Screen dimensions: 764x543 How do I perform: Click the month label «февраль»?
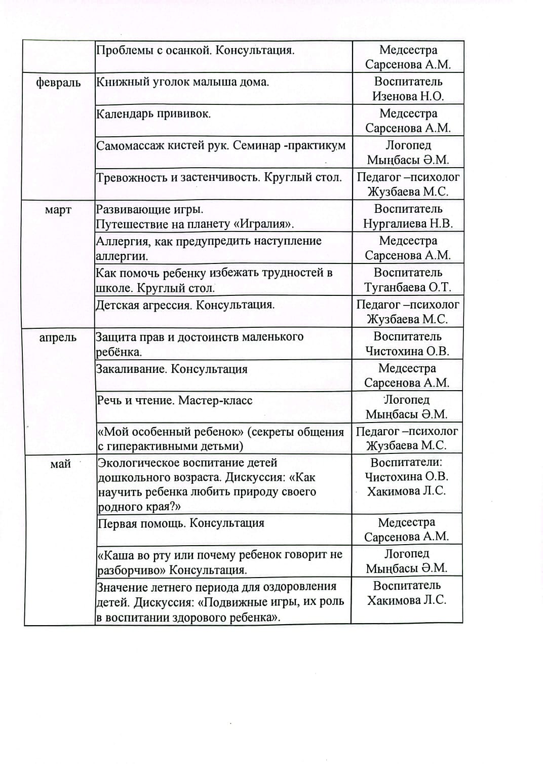pyautogui.click(x=58, y=83)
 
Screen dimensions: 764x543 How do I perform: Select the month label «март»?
pyautogui.click(x=58, y=210)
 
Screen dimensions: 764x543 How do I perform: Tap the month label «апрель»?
pyautogui.click(x=58, y=338)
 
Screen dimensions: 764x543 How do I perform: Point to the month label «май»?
pyautogui.click(x=60, y=464)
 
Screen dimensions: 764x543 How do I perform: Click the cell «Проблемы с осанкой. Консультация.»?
pyautogui.click(x=196, y=51)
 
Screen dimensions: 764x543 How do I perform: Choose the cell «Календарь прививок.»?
pyautogui.click(x=153, y=114)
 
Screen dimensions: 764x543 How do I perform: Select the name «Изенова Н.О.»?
pyautogui.click(x=408, y=96)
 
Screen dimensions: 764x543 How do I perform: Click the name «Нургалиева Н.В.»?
pyautogui.click(x=408, y=223)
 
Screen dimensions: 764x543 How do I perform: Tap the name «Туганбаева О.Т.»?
pyautogui.click(x=407, y=287)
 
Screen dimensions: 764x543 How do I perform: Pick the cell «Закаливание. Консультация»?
pyautogui.click(x=172, y=369)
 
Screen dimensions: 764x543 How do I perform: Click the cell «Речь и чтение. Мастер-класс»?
pyautogui.click(x=174, y=401)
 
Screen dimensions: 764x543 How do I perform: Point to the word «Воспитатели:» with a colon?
pyautogui.click(x=406, y=462)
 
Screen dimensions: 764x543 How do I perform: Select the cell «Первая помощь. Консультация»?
pyautogui.click(x=181, y=523)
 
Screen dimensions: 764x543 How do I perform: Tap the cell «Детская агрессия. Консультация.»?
pyautogui.click(x=185, y=305)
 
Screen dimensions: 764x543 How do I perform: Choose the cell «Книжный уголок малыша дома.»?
pyautogui.click(x=182, y=82)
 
